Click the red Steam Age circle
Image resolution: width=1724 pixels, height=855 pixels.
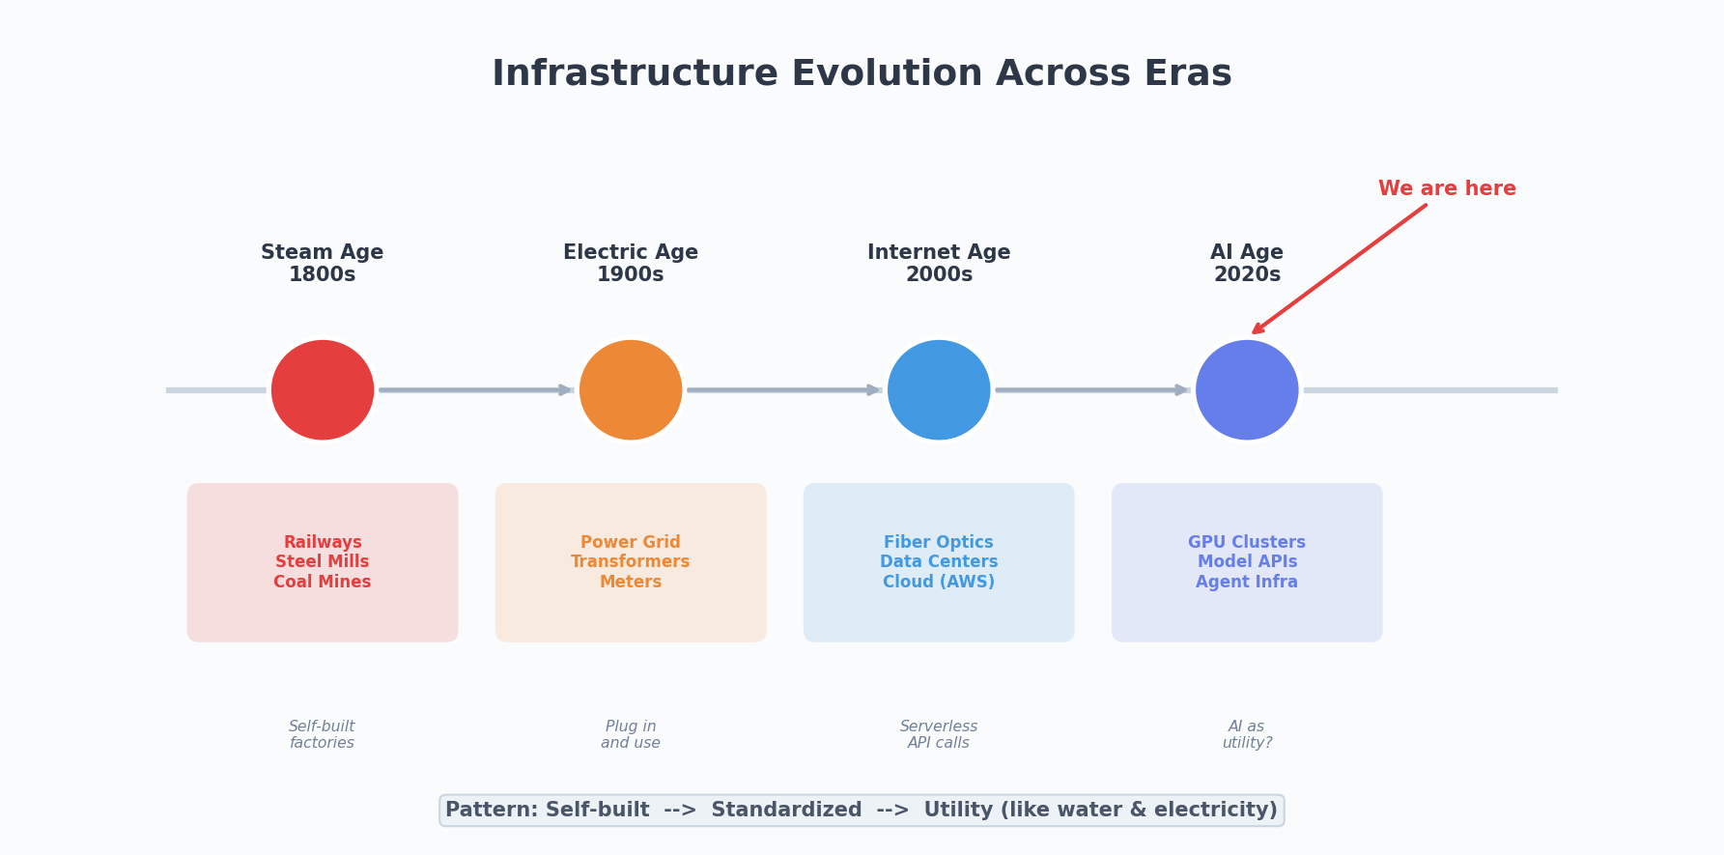[323, 390]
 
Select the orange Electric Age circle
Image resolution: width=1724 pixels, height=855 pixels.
[631, 390]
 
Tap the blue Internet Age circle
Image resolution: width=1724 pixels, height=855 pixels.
[939, 390]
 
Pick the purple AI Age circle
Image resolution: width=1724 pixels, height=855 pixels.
[1247, 390]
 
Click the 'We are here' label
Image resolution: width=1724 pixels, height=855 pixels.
[1447, 189]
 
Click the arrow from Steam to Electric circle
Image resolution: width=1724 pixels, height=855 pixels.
[475, 390]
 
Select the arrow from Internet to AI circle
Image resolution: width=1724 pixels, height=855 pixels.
[1091, 390]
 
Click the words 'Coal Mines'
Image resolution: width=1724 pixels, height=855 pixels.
[323, 583]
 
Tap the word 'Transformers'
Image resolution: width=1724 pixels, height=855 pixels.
[631, 562]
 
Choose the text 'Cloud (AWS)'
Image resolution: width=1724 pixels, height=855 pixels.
[939, 583]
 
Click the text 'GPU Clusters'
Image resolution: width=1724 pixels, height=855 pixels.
[1247, 543]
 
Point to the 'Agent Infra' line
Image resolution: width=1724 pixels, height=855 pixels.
[1247, 583]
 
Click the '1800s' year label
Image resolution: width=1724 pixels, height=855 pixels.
[323, 275]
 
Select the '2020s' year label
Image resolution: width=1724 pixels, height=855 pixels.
[1247, 275]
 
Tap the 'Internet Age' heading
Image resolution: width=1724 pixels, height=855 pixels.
[939, 253]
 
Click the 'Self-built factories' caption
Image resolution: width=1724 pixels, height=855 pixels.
[323, 735]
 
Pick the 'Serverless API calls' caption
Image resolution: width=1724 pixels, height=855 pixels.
[939, 735]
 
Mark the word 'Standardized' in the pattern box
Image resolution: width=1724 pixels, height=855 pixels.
[786, 811]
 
